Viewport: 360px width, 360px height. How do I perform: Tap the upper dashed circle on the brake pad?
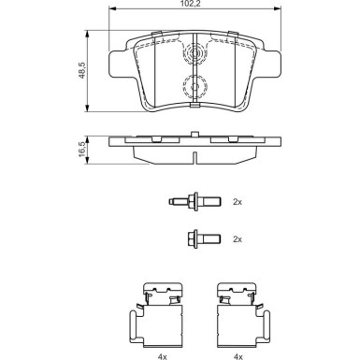194,55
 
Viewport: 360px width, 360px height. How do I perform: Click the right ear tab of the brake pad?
270,64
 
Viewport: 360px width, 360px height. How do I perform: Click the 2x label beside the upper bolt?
237,201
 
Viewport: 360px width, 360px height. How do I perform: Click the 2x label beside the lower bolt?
237,239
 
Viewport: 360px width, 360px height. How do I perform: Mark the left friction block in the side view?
155,139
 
